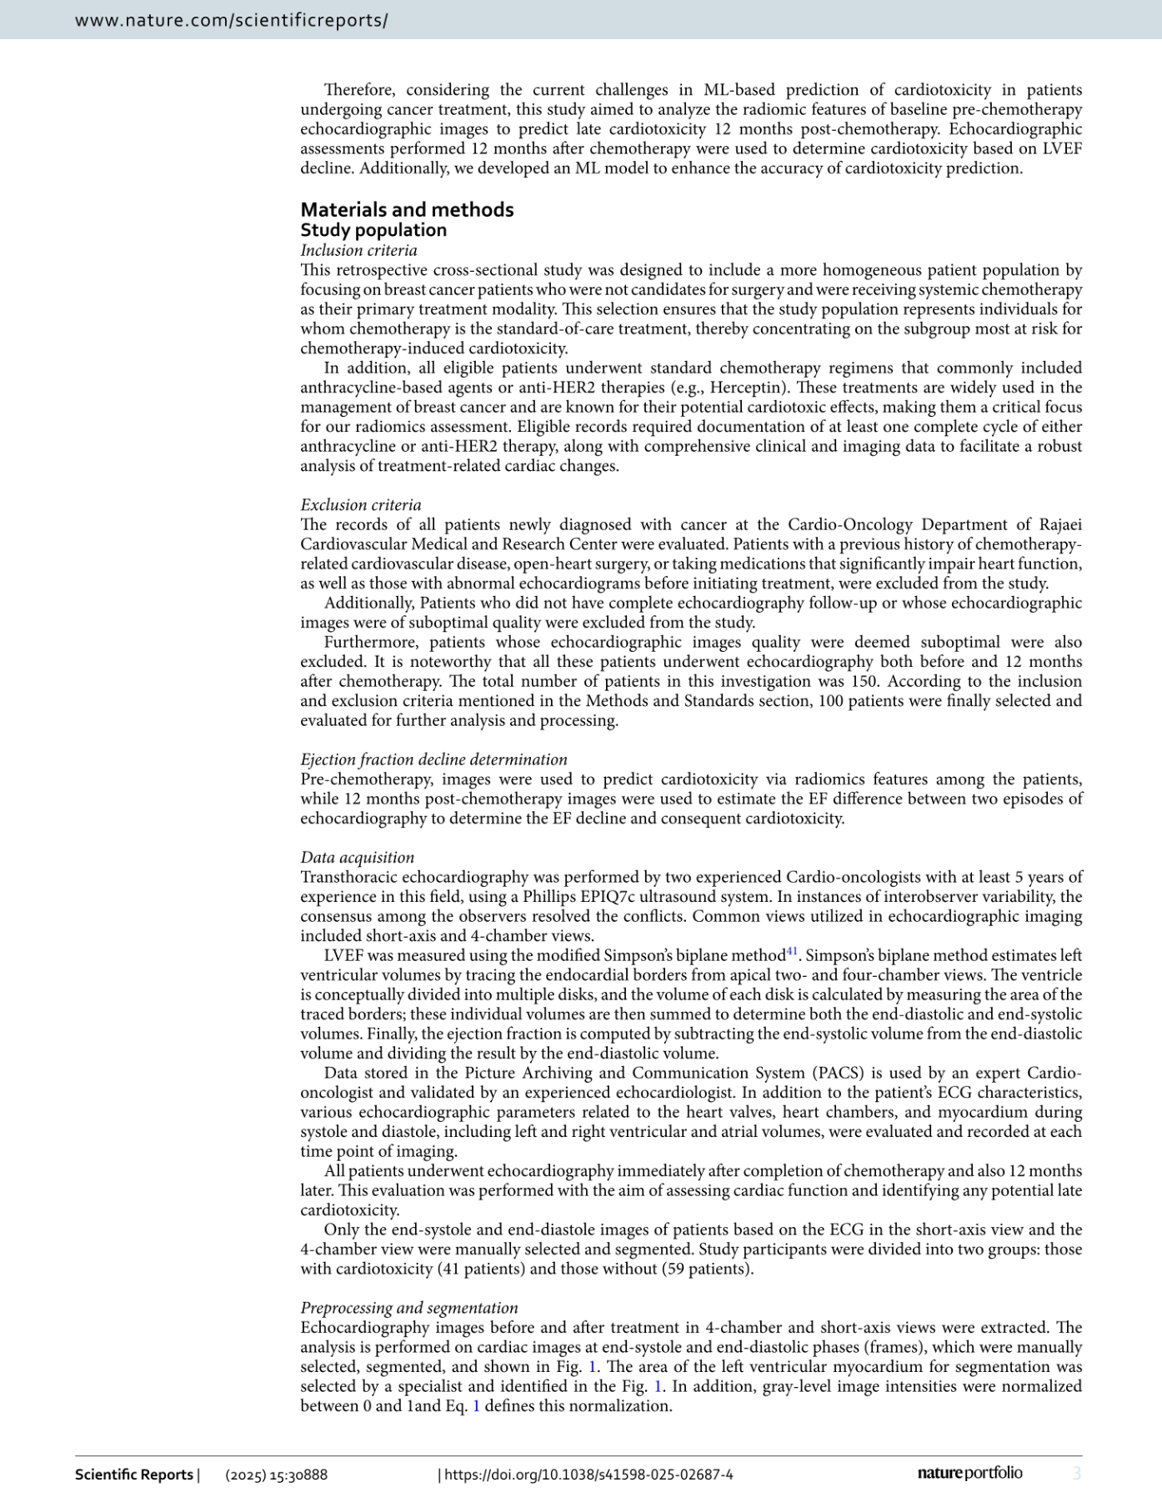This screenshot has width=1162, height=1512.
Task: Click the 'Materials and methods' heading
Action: (407, 209)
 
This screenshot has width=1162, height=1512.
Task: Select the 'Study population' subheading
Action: (373, 230)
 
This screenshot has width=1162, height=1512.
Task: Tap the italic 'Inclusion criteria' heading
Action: (358, 250)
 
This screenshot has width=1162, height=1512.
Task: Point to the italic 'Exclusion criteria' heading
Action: (361, 504)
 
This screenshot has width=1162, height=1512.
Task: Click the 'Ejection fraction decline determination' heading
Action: (433, 759)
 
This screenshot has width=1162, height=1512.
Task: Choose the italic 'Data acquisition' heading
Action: (357, 857)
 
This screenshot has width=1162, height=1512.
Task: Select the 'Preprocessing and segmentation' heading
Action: (409, 1308)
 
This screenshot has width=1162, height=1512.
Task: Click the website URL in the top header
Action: (231, 20)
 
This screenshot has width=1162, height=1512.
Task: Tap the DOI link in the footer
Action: (589, 1474)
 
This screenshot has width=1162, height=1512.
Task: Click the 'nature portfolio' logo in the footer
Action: (969, 1473)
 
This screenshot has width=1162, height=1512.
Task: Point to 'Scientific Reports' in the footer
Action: (134, 1474)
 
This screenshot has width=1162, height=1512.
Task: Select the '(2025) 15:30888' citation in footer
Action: (276, 1474)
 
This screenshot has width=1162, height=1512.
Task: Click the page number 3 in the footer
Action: (1076, 1474)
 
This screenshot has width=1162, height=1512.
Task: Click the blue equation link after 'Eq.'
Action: (477, 1406)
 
